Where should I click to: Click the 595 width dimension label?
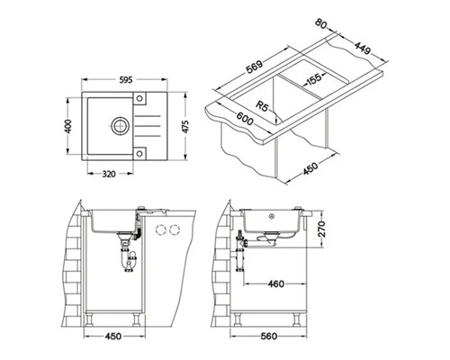pos(126,80)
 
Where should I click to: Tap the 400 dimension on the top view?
pos(68,126)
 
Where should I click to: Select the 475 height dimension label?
pos(185,127)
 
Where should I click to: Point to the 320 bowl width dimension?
pos(109,174)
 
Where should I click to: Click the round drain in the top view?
pos(121,126)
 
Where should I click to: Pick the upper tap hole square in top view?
pos(139,98)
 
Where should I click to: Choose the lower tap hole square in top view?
pos(139,153)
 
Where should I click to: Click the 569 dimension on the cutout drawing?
pos(255,67)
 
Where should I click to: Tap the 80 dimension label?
pos(321,24)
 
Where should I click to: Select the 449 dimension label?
pos(363,48)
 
